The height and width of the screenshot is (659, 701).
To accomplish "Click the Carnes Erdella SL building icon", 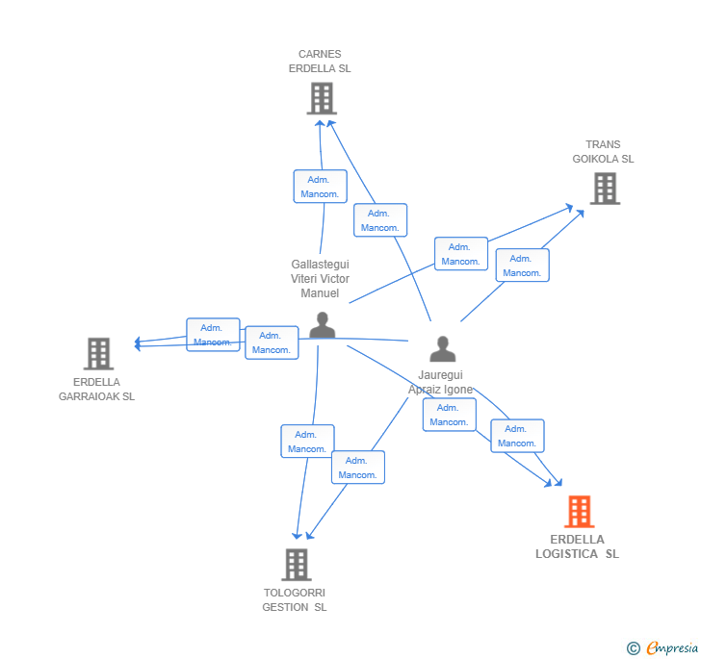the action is pyautogui.click(x=322, y=98).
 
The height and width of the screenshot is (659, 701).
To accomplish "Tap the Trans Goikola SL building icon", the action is pyautogui.click(x=605, y=189).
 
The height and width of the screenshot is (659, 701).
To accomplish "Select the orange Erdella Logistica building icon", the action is pyautogui.click(x=580, y=512).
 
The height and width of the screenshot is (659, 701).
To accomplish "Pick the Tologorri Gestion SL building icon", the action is pyautogui.click(x=297, y=565).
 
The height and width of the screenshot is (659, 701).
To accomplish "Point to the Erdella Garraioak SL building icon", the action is pyautogui.click(x=98, y=354).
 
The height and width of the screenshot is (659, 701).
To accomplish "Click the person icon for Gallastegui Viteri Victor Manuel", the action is pyautogui.click(x=322, y=325).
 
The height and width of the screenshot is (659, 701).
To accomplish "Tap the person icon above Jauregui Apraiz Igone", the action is pyautogui.click(x=443, y=348).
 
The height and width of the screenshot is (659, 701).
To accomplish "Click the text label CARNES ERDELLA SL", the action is pyautogui.click(x=320, y=62).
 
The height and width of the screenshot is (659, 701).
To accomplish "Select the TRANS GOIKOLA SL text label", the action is pyautogui.click(x=603, y=151).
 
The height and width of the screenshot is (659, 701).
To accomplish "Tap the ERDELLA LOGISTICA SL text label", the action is pyautogui.click(x=577, y=546).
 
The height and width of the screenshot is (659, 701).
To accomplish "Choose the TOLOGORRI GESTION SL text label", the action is pyautogui.click(x=295, y=600).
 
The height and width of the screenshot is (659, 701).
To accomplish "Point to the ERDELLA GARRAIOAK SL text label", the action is pyautogui.click(x=96, y=389).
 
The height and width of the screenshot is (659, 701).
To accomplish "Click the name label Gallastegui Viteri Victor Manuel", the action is pyautogui.click(x=320, y=279).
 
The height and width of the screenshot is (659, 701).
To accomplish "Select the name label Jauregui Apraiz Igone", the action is pyautogui.click(x=440, y=382).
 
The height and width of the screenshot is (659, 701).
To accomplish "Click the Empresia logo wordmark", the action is pyautogui.click(x=672, y=647).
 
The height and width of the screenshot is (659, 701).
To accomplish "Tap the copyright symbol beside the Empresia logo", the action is pyautogui.click(x=633, y=647).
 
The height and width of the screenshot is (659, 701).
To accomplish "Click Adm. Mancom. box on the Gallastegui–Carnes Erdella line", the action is pyautogui.click(x=320, y=187).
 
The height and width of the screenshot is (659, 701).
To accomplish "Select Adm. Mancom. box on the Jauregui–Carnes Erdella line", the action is pyautogui.click(x=380, y=219).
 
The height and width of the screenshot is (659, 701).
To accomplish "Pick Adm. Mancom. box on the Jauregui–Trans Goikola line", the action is pyautogui.click(x=523, y=265).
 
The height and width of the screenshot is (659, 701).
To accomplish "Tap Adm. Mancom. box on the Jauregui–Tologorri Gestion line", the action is pyautogui.click(x=358, y=467).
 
